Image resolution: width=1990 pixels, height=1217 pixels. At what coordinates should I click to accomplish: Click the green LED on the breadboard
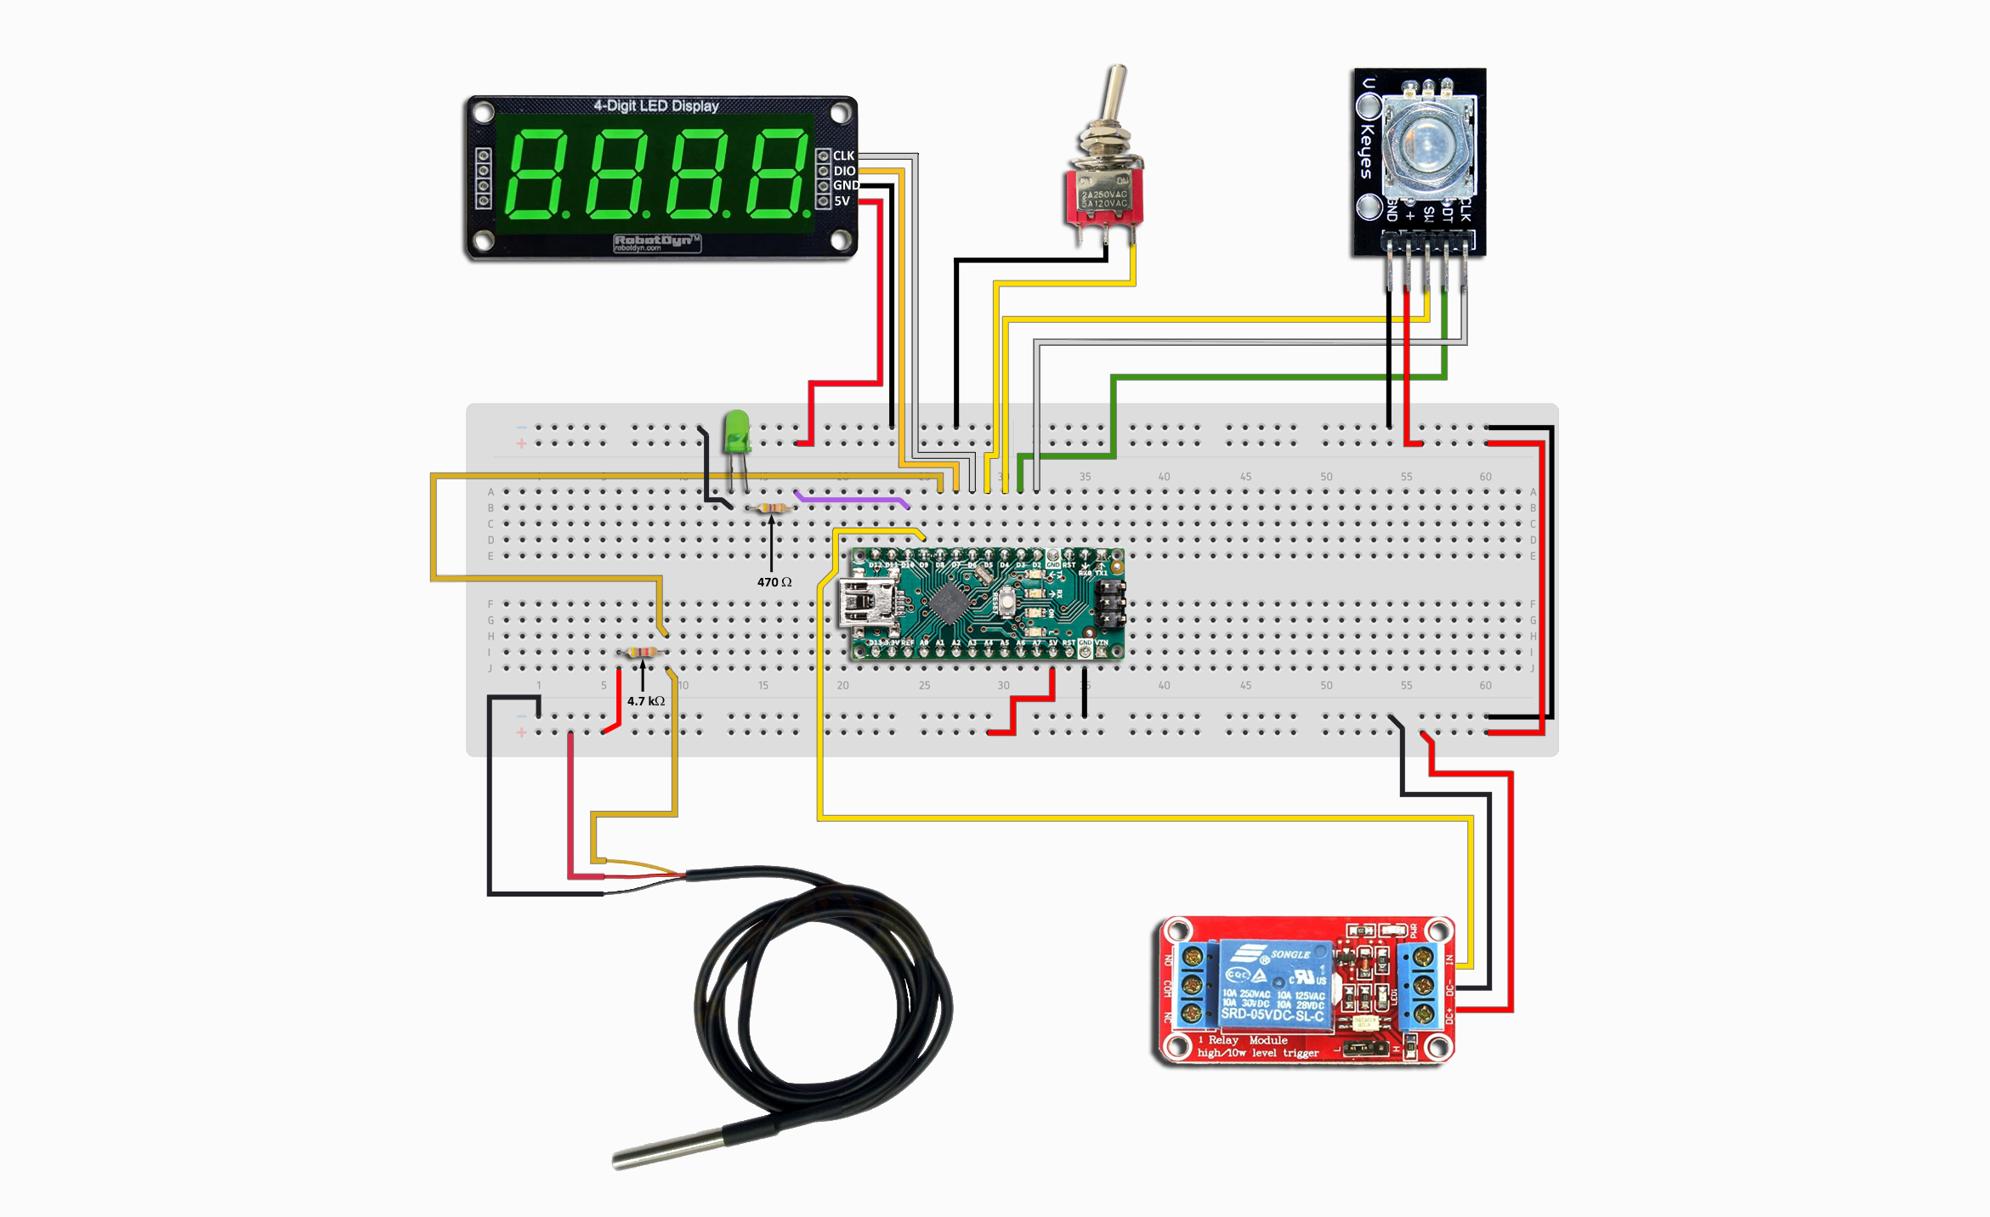(x=736, y=431)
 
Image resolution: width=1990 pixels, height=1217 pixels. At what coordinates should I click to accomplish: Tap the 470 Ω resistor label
(x=774, y=582)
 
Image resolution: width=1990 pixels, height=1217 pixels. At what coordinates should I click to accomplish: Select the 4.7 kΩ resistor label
(x=646, y=701)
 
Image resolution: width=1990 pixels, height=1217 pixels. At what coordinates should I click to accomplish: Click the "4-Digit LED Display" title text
(x=655, y=106)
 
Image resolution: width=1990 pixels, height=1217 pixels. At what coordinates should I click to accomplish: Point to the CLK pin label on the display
(x=843, y=156)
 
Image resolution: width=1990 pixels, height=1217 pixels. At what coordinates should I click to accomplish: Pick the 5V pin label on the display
(x=842, y=201)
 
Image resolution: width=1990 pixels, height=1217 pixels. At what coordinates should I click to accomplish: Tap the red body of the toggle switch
(x=1104, y=197)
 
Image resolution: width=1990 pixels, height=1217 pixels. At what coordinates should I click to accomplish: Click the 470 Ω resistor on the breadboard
(x=771, y=508)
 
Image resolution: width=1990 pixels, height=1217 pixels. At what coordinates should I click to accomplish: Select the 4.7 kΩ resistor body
(x=641, y=653)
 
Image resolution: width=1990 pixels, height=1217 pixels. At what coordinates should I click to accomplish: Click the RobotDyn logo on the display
(x=656, y=242)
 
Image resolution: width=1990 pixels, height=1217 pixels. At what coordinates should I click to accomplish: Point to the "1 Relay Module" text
(x=1243, y=1040)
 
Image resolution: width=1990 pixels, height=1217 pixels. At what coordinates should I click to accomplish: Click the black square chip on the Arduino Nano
(x=947, y=603)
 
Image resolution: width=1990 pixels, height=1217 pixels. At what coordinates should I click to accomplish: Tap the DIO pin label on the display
(x=844, y=171)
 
